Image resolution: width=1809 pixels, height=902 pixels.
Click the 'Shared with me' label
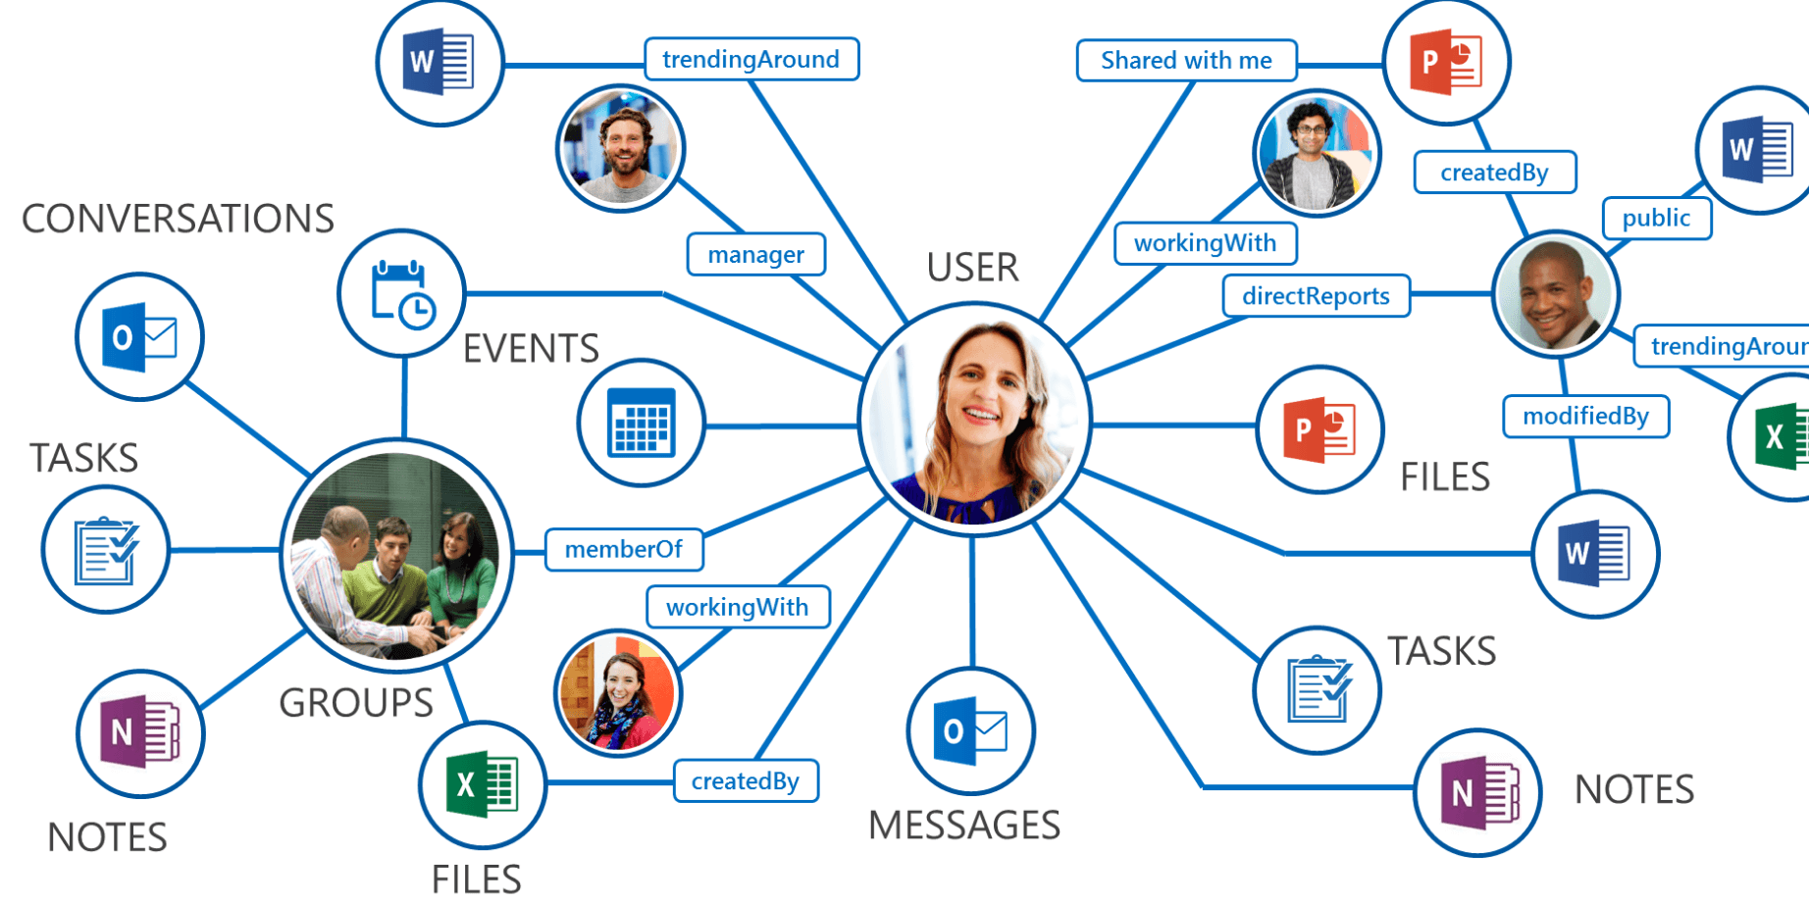coord(1186,61)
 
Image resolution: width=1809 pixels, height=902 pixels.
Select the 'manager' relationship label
coord(755,255)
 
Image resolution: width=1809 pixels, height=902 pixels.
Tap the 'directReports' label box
coord(1316,296)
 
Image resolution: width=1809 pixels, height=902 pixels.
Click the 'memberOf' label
coord(624,549)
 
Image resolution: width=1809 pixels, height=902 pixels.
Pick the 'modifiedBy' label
coord(1585,417)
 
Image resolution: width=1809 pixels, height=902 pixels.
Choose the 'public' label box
coord(1656,218)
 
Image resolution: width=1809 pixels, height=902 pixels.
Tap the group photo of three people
coord(397,555)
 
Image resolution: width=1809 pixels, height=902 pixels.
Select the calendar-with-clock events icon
coord(401,294)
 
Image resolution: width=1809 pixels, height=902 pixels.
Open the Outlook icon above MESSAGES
coord(971,731)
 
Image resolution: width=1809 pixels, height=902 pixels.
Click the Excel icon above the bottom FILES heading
coord(482,784)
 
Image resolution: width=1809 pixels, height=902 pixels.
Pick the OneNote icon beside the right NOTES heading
coord(1477,792)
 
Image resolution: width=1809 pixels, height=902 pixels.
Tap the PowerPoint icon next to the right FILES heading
coord(1319,429)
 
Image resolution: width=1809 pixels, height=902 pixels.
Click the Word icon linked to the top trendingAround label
coord(439,63)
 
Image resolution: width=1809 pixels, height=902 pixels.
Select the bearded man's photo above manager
coord(620,149)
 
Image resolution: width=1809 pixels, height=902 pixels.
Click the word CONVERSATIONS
coord(178,219)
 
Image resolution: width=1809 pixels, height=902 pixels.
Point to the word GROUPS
coord(355,703)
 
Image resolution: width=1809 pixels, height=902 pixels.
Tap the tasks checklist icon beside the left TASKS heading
coord(106,550)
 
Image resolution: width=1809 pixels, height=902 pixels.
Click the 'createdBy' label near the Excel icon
coord(746,781)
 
